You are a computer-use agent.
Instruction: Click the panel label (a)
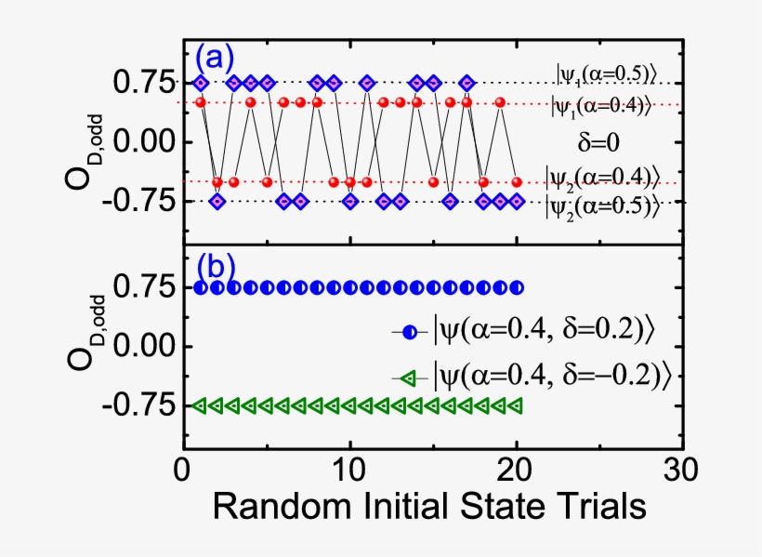(x=213, y=59)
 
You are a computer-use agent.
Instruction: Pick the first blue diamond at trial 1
(x=201, y=84)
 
